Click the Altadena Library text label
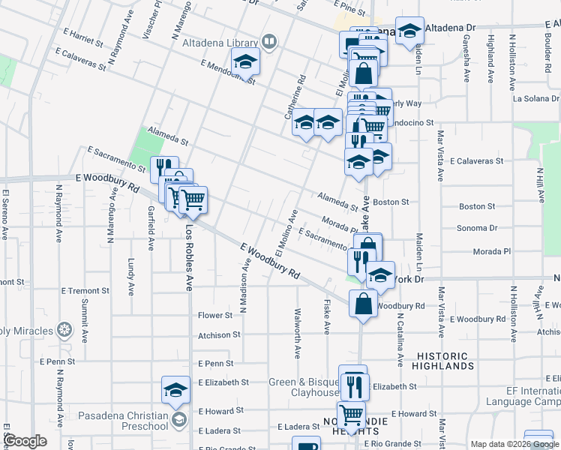click(220, 43)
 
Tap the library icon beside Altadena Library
click(268, 42)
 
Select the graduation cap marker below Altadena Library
click(244, 63)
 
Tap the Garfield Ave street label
click(151, 228)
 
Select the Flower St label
click(215, 316)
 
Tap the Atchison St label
click(219, 335)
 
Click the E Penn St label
click(217, 363)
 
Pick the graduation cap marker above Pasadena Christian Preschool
click(175, 389)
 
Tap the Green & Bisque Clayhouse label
click(303, 387)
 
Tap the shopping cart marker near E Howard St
click(351, 413)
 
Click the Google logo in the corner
click(25, 441)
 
